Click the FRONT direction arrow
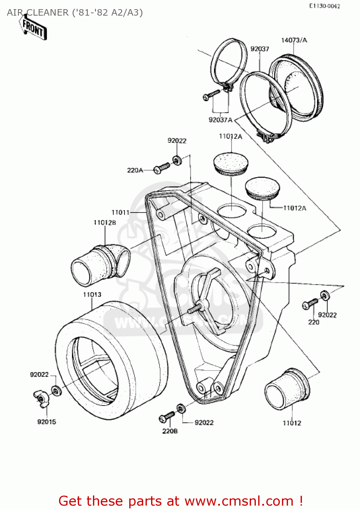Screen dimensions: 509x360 click(x=33, y=29)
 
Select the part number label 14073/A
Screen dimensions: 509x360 click(x=294, y=40)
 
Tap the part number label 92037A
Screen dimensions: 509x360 click(x=221, y=120)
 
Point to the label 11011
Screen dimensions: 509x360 click(x=120, y=212)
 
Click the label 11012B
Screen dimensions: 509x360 click(x=105, y=223)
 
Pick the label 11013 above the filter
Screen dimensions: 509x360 click(x=92, y=295)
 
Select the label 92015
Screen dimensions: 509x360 click(x=46, y=422)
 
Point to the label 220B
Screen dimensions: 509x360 click(x=170, y=431)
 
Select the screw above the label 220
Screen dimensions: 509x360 click(x=310, y=304)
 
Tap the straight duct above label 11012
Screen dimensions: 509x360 click(x=287, y=389)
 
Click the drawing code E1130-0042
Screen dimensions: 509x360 click(x=324, y=6)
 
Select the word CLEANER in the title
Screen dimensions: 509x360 click(x=48, y=13)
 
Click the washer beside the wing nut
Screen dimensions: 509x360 click(x=56, y=391)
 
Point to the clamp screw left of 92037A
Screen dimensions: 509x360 click(x=211, y=95)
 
